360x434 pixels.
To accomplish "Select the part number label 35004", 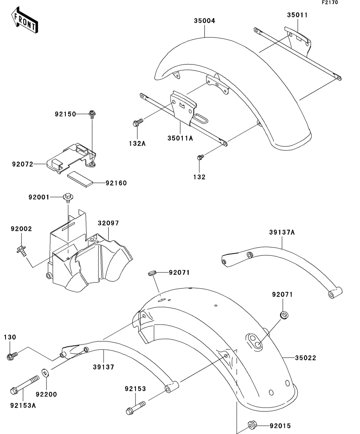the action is pyautogui.click(x=204, y=21).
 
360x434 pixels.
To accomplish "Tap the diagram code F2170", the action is pyautogui.click(x=330, y=2).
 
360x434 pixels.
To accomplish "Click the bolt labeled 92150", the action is pyautogui.click(x=92, y=114).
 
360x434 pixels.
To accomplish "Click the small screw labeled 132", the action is pyautogui.click(x=200, y=157).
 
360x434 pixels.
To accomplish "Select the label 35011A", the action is pyautogui.click(x=180, y=138).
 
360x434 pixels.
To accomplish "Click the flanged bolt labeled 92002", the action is pyautogui.click(x=21, y=250).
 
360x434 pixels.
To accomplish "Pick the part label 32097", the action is pyautogui.click(x=108, y=223).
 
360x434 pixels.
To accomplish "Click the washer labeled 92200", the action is pyautogui.click(x=45, y=373).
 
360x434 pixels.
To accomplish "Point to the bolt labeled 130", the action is pyautogui.click(x=12, y=356).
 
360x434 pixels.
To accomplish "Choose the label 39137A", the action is pyautogui.click(x=282, y=233).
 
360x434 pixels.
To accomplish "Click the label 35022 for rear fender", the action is pyautogui.click(x=305, y=358).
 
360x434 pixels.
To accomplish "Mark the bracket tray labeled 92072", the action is pyautogui.click(x=72, y=158).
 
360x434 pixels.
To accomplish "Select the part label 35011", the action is pyautogui.click(x=297, y=15).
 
